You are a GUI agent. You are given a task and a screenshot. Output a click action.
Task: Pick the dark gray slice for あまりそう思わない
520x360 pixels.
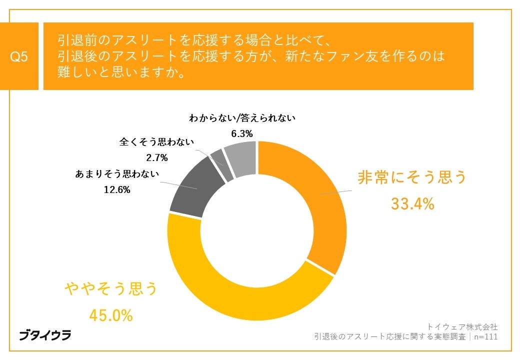pos(192,190)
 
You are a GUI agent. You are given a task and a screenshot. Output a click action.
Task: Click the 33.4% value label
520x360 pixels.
pos(412,204)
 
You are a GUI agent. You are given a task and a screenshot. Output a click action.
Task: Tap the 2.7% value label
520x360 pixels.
pos(156,157)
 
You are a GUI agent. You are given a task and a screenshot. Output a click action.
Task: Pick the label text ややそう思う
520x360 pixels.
pos(110,289)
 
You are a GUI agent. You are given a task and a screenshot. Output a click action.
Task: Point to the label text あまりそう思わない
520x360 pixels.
pos(117,174)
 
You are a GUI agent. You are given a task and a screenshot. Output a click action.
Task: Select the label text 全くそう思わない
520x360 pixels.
pos(156,142)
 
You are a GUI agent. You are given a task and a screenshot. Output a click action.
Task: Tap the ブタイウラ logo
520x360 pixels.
pos(45,334)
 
